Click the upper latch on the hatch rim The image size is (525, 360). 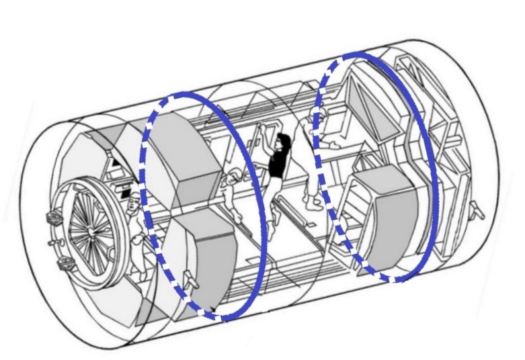click(x=51, y=218)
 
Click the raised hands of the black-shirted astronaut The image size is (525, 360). click(x=266, y=128)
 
